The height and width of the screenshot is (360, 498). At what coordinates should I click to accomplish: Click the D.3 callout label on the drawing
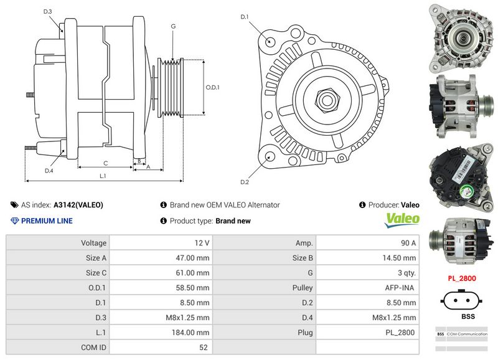point(48,12)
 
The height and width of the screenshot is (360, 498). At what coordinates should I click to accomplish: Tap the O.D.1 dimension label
point(212,87)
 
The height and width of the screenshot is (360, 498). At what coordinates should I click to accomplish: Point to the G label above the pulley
point(173,26)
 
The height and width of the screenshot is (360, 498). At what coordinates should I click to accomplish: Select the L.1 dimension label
point(103,176)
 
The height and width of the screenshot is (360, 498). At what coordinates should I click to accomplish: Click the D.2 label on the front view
point(245,182)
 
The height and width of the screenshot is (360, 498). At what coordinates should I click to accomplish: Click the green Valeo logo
point(403,219)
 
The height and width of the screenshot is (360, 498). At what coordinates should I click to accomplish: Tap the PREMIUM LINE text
point(47,221)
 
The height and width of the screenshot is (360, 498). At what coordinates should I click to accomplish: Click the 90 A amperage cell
point(408,243)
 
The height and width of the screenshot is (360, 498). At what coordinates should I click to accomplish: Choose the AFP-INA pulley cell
point(401,288)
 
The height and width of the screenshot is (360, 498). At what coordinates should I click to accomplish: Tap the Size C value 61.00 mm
point(194,273)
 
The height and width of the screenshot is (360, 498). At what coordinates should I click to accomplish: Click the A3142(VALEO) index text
point(78,205)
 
